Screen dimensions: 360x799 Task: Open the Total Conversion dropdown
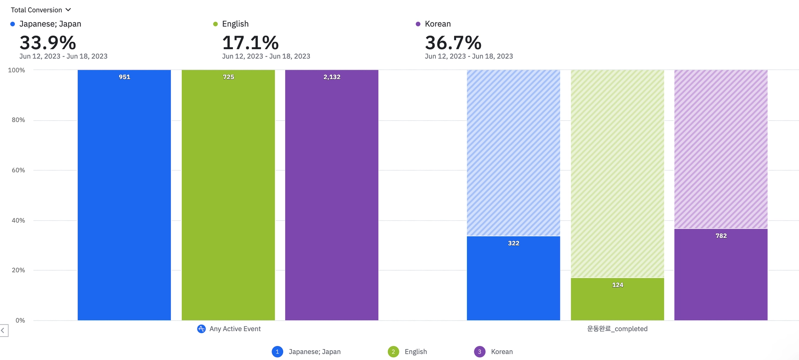click(41, 10)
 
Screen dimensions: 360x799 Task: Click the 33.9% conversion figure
click(48, 43)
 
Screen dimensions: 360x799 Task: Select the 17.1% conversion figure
click(250, 43)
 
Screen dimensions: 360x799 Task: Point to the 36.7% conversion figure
click(453, 43)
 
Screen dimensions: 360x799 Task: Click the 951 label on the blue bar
click(124, 77)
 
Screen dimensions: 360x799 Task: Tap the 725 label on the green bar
click(228, 77)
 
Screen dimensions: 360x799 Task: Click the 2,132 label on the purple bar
click(332, 77)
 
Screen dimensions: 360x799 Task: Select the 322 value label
click(513, 243)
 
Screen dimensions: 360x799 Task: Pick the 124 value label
click(617, 285)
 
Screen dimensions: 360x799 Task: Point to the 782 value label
click(721, 236)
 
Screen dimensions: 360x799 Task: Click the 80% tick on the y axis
click(18, 120)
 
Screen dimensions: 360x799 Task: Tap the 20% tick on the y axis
click(18, 270)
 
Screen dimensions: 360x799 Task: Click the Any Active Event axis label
click(234, 329)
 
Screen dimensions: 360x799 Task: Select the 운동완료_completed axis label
click(617, 329)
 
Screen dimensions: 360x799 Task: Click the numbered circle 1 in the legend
click(277, 351)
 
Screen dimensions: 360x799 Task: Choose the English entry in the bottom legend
click(415, 351)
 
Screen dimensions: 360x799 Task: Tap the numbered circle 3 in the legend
click(479, 351)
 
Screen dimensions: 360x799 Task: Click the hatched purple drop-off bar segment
click(721, 149)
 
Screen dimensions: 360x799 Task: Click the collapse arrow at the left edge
click(3, 330)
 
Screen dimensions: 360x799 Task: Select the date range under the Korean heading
click(469, 56)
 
